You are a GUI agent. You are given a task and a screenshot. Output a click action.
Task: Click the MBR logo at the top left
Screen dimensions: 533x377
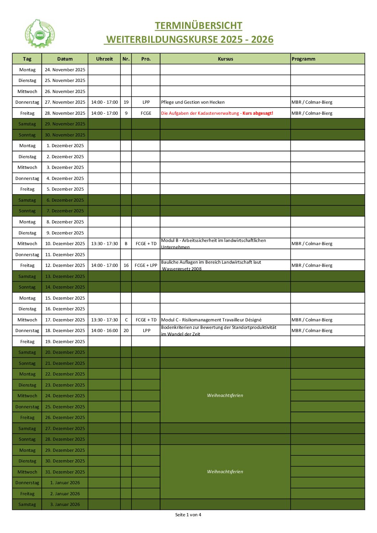tap(40, 34)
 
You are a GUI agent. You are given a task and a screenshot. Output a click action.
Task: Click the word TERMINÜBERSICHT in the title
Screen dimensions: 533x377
tap(198, 26)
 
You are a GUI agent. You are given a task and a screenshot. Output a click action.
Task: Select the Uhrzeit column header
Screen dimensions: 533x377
tap(104, 59)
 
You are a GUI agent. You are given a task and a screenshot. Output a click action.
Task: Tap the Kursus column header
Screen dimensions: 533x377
tap(225, 59)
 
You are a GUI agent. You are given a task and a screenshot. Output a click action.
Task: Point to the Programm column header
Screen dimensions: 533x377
tap(304, 59)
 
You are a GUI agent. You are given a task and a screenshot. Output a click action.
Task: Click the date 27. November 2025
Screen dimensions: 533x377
tap(65, 102)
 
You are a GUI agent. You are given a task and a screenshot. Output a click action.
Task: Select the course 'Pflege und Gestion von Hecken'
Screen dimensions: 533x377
tap(193, 102)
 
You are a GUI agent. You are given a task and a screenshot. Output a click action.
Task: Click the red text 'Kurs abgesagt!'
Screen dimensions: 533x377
tap(258, 113)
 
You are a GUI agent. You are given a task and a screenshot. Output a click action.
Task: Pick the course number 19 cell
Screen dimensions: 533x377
tap(126, 102)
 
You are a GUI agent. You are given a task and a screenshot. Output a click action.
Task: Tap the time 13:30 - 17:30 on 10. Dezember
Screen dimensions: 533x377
tap(104, 244)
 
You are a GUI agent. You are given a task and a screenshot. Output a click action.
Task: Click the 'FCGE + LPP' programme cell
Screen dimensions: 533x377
tap(146, 265)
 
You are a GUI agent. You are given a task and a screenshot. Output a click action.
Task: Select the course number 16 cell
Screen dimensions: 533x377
tap(126, 265)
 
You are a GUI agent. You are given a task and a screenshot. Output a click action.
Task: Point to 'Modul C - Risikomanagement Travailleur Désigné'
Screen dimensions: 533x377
tap(211, 320)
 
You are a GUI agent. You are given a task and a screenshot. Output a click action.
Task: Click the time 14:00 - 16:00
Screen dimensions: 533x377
tap(104, 331)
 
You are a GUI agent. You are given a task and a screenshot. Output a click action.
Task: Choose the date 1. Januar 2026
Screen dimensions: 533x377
tap(65, 483)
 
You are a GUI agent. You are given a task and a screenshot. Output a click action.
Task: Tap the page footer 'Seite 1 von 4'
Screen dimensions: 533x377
tap(188, 515)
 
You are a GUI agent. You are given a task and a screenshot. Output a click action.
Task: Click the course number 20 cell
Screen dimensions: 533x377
tap(126, 331)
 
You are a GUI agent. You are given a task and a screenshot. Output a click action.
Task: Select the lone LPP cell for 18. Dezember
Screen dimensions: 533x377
tap(146, 331)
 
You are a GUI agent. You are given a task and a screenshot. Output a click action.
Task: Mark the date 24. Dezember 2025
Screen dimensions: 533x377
tap(65, 396)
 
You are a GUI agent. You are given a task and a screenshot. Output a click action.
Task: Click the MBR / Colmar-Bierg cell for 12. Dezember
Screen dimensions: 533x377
tap(312, 265)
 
